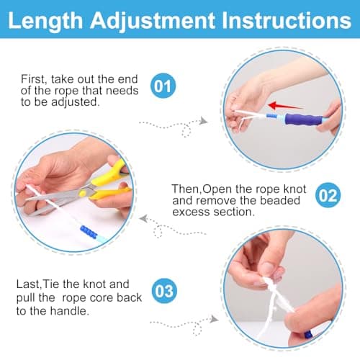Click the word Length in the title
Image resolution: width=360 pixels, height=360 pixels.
click(45, 21)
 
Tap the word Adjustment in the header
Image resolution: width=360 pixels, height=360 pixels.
click(153, 21)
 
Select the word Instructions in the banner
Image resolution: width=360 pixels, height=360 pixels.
click(287, 20)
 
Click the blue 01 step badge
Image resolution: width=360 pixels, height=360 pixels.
click(163, 86)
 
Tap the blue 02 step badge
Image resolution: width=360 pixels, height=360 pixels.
click(328, 195)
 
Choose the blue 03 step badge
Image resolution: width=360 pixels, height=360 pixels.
click(164, 291)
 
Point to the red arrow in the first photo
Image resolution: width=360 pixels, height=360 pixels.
click(285, 106)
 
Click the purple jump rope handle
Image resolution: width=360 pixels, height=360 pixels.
click(304, 120)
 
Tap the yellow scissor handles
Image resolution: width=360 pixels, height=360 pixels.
click(109, 182)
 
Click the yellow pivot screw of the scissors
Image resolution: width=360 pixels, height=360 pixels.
click(82, 193)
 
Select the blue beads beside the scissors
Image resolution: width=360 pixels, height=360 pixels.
click(89, 232)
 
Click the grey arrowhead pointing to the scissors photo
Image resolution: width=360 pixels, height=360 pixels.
click(143, 219)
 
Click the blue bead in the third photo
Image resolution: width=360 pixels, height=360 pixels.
click(308, 334)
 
